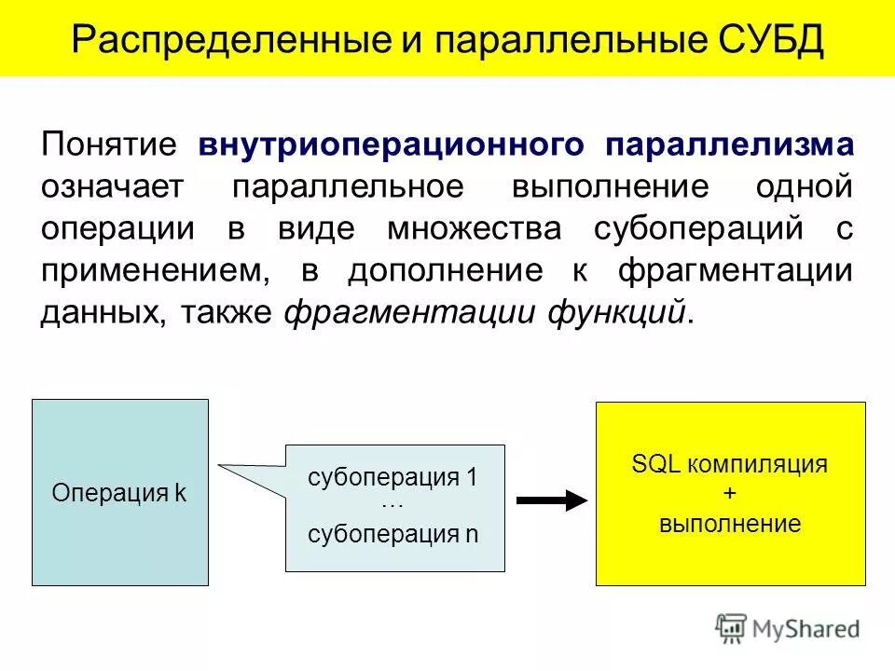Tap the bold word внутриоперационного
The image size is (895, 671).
pyautogui.click(x=392, y=145)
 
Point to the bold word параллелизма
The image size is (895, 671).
pyautogui.click(x=729, y=145)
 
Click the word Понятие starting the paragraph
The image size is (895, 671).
pyautogui.click(x=108, y=145)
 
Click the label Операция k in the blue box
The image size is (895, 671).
pyautogui.click(x=119, y=493)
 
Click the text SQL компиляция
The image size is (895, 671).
pyautogui.click(x=729, y=465)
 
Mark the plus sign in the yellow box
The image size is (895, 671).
pyautogui.click(x=729, y=494)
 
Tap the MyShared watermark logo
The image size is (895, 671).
pyautogui.click(x=788, y=627)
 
